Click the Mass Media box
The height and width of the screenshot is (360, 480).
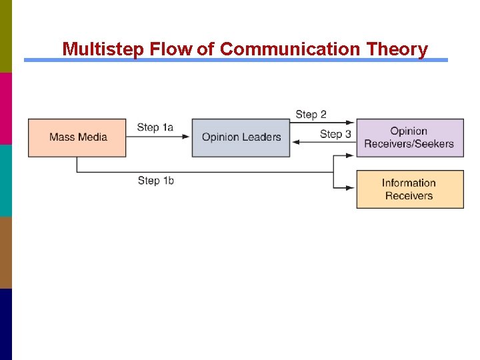pos(77,137)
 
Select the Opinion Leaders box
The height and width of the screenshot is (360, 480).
pos(241,137)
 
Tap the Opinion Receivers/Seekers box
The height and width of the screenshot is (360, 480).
pos(409,137)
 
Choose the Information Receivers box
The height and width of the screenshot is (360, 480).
pos(409,189)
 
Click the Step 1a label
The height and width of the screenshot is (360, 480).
pos(155,127)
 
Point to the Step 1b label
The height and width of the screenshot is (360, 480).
pos(156,181)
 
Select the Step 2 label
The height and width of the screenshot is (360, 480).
pos(311,115)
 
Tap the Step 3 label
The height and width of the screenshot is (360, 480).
pos(335,134)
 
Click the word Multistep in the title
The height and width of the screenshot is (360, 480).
pos(104,49)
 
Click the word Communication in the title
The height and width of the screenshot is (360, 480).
pos(287,49)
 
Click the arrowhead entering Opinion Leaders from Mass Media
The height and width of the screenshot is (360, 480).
pos(187,137)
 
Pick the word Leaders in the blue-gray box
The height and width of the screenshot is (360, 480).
pos(261,137)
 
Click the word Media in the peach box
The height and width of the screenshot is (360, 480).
pos(93,137)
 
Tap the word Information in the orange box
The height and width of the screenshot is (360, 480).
pos(409,183)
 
